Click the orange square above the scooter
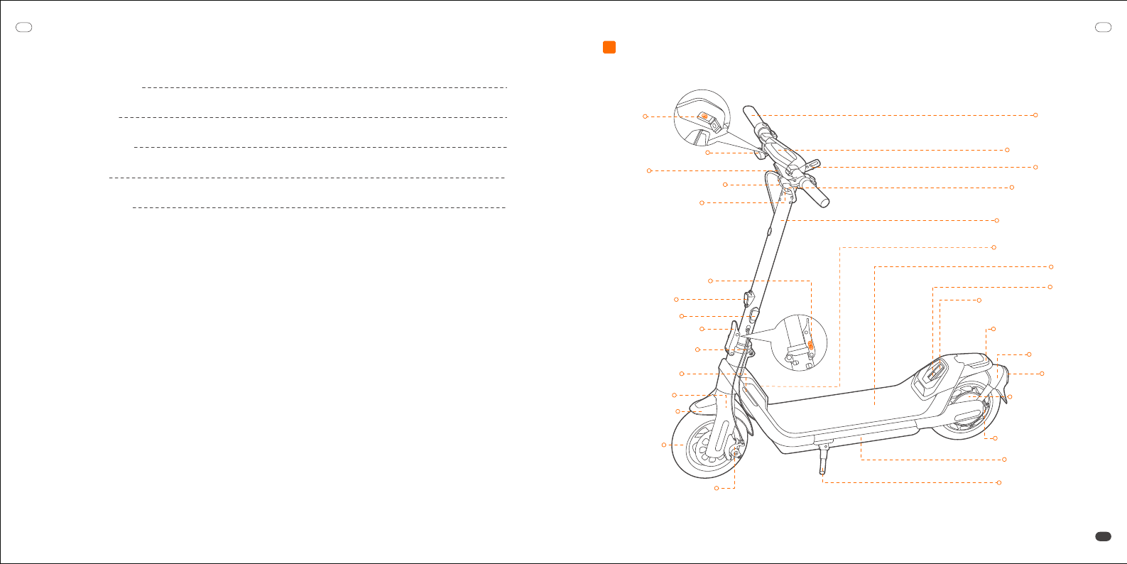coord(609,48)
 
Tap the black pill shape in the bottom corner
coord(1103,537)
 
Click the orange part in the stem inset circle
coord(810,345)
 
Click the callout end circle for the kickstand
coord(999,483)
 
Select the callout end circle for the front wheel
coord(664,445)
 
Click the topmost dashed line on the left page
coord(324,88)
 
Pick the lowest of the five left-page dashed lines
coord(319,208)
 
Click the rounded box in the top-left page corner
coord(24,28)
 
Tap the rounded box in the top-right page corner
coord(1103,28)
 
